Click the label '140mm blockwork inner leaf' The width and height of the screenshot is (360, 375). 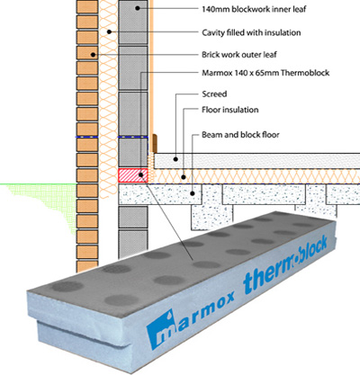[x=254, y=9]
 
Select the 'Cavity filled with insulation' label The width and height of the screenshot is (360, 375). [x=251, y=32]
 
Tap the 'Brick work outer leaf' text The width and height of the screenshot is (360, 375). [x=239, y=55]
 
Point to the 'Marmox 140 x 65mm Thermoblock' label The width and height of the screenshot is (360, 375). [x=265, y=73]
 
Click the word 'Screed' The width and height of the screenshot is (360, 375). [x=214, y=94]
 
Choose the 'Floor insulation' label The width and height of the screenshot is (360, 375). [x=230, y=110]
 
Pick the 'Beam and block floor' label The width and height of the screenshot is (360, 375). [x=240, y=135]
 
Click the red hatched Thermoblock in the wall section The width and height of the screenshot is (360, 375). [x=132, y=175]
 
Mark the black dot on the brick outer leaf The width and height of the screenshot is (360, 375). [x=93, y=55]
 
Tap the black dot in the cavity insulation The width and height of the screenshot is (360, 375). [x=110, y=31]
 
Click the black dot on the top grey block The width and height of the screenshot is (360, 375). [x=138, y=8]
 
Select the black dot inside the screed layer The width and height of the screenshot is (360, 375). [x=175, y=159]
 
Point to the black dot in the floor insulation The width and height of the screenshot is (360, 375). [x=184, y=177]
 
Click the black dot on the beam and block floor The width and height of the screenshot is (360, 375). [x=193, y=193]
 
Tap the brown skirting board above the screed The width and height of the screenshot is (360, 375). [x=155, y=143]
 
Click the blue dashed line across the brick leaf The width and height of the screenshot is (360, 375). [x=86, y=137]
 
